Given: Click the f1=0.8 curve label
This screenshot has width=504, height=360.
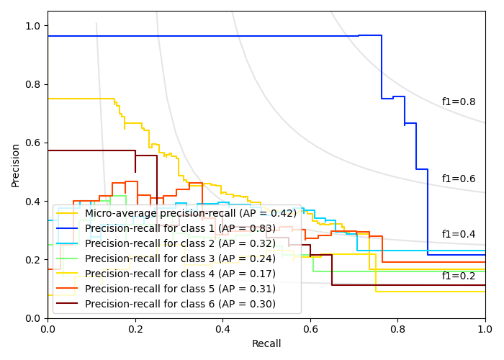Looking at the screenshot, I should point(459,102).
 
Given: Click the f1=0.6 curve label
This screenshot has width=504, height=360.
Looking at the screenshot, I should point(459,179).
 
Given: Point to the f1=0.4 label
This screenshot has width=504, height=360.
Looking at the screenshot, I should point(459,235).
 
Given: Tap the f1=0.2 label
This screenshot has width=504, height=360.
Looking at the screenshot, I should point(459,276).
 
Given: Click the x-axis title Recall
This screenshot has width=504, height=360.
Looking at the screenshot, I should point(266,344).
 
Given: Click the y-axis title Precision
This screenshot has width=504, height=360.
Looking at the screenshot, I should point(16,165).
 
